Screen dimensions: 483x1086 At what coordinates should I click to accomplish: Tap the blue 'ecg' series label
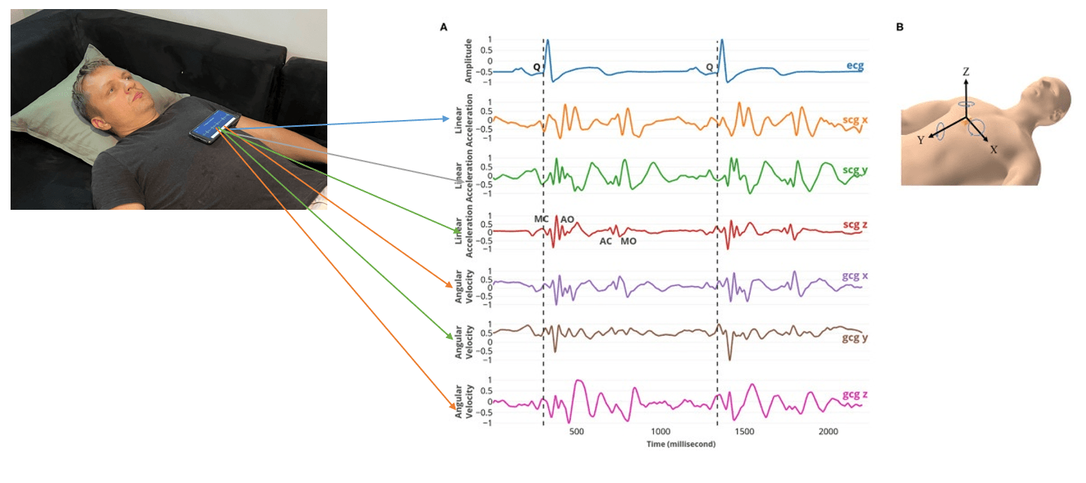point(854,66)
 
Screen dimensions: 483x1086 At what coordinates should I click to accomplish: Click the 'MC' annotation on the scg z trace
point(541,219)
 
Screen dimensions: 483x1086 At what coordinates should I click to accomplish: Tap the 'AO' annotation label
point(567,220)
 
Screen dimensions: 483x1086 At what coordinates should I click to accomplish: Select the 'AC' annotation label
point(606,241)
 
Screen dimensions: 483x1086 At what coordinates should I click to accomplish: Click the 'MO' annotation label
point(628,241)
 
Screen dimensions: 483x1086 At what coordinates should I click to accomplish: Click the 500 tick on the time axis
point(576,432)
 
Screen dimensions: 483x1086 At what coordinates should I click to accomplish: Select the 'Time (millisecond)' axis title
point(680,445)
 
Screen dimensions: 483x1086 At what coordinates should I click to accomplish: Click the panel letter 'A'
point(443,27)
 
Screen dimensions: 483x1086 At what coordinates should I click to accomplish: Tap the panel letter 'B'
point(899,27)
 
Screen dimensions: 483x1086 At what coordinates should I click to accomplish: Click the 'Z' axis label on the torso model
point(965,71)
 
